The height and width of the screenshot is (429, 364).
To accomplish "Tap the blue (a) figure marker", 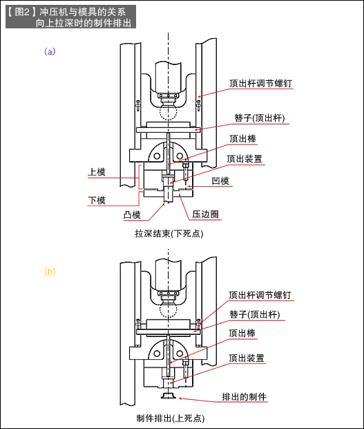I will coord(49,52).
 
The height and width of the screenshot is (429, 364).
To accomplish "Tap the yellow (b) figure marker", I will coord(49,272).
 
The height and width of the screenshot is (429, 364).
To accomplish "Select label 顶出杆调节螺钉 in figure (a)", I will coord(260,83).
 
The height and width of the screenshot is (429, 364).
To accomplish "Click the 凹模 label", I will coord(221,181).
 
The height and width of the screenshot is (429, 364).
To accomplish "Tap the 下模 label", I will coord(97,200).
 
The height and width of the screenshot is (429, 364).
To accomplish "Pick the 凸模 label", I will coord(131,214).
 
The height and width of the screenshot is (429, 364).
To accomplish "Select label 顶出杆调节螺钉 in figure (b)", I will coord(260,295).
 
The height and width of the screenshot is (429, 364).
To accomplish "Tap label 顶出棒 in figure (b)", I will coord(242,333).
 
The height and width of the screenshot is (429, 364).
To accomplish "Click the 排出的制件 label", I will coord(244,397).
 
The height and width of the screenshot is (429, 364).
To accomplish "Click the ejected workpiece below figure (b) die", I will coord(169,396).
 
